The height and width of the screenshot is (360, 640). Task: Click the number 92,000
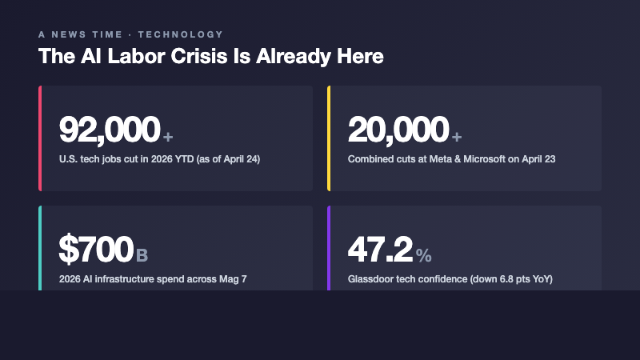click(x=110, y=130)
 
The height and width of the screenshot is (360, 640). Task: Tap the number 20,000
click(x=398, y=130)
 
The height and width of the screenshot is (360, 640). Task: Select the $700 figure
click(x=95, y=250)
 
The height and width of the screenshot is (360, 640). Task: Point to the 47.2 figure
click(x=380, y=250)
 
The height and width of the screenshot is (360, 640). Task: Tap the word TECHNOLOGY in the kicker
click(x=181, y=34)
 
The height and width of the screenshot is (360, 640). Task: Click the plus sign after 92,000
click(x=167, y=136)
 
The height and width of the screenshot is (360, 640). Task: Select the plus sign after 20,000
click(x=456, y=136)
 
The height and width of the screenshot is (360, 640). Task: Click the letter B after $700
click(x=142, y=256)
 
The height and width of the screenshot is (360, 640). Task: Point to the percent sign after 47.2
click(x=423, y=256)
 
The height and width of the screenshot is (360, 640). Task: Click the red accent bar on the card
click(x=39, y=138)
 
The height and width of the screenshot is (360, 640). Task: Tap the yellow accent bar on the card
click(x=328, y=138)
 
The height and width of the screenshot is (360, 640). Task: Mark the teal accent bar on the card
click(x=39, y=248)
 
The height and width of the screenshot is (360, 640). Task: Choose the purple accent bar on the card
click(x=328, y=248)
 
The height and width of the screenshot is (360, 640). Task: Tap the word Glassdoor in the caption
click(x=370, y=279)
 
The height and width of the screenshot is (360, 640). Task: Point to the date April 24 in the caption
click(x=241, y=159)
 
